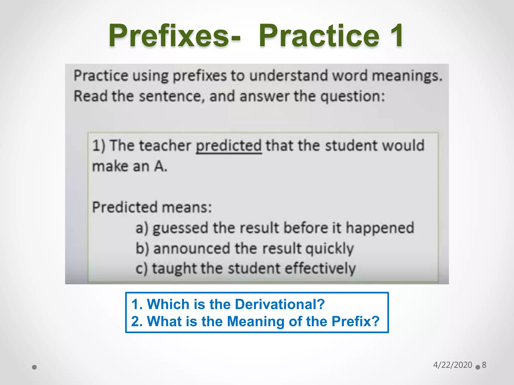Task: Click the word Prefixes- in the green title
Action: click(x=175, y=35)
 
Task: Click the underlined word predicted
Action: click(x=229, y=146)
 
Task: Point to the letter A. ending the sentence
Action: click(x=161, y=166)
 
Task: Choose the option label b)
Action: click(x=142, y=248)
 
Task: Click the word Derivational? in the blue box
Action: click(x=280, y=304)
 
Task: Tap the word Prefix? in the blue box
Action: click(x=355, y=321)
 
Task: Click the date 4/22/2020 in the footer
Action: click(x=453, y=365)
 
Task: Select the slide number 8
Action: click(x=484, y=365)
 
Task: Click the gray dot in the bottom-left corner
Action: click(x=34, y=367)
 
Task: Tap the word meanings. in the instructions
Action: click(x=407, y=76)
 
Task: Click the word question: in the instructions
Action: click(x=353, y=97)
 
